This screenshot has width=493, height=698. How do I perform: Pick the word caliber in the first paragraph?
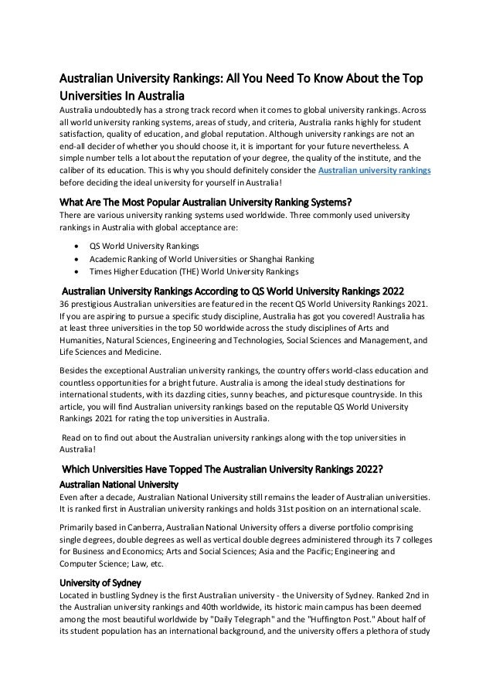pos(71,170)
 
